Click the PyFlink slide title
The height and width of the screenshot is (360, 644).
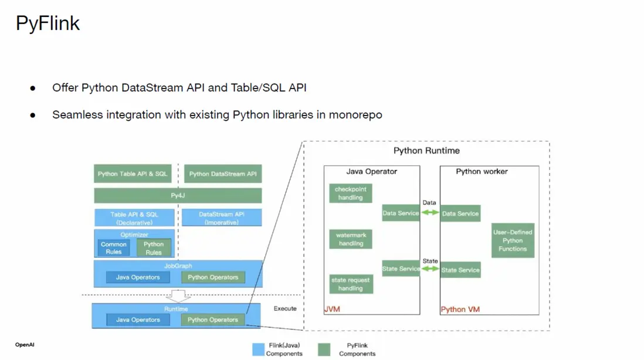(x=48, y=23)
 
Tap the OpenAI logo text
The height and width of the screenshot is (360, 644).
(x=25, y=345)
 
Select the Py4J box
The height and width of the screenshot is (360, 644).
(x=178, y=195)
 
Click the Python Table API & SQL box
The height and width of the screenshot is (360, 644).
(x=133, y=174)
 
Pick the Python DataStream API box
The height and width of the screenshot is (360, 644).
(x=222, y=174)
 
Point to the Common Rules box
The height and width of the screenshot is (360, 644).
(x=114, y=248)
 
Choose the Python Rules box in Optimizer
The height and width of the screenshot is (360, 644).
(x=154, y=248)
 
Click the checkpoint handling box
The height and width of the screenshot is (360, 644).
(x=351, y=193)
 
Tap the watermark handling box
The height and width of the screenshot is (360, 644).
(x=351, y=239)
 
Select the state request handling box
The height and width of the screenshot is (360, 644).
(x=351, y=284)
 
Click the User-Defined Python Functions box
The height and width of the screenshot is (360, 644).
(x=513, y=240)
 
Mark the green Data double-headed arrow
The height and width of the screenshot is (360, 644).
(x=430, y=213)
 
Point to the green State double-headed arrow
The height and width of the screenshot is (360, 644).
(x=430, y=269)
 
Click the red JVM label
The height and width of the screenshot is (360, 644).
(x=333, y=309)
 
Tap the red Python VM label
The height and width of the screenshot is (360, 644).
(x=461, y=309)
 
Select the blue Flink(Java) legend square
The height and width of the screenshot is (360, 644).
(x=258, y=349)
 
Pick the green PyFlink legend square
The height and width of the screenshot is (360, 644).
(x=324, y=349)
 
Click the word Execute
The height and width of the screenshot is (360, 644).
(x=285, y=308)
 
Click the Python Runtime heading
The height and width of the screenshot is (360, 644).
(x=426, y=151)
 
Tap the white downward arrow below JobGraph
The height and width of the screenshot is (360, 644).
(x=177, y=294)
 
